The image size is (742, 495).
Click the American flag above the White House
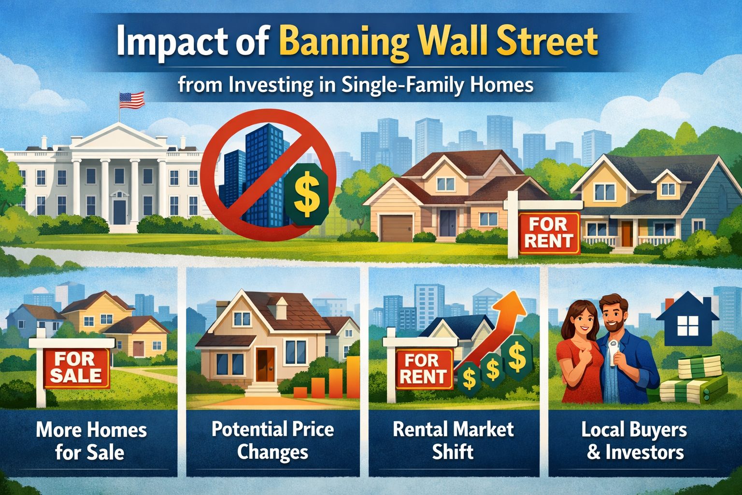(132, 100)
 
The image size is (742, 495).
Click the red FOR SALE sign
(76, 368)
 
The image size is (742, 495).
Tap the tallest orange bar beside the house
(353, 377)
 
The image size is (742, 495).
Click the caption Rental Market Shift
(453, 440)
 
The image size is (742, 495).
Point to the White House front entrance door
(120, 212)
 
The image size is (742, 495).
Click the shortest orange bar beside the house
(300, 392)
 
